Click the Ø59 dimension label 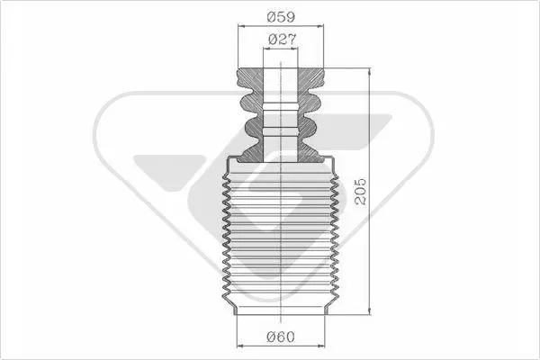(x=281, y=16)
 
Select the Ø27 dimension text (x=282, y=40)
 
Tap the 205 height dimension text (x=361, y=192)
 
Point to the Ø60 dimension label (x=281, y=337)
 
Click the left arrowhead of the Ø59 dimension (x=241, y=26)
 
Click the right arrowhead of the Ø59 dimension (x=320, y=26)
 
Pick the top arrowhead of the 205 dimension (x=370, y=71)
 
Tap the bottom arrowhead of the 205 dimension (x=370, y=311)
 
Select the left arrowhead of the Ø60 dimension (x=240, y=346)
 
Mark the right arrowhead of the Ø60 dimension (x=321, y=346)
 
